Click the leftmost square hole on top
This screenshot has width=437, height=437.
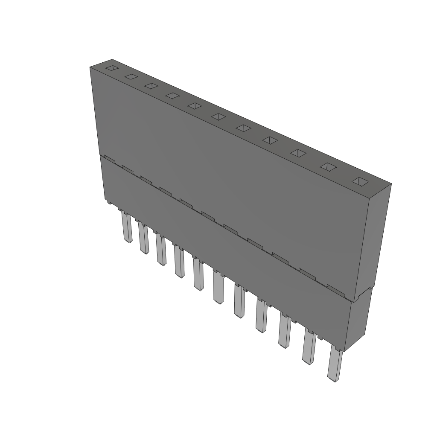[x=112, y=68]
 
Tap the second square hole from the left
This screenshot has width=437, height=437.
[x=131, y=77]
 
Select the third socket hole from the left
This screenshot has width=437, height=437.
[x=151, y=86]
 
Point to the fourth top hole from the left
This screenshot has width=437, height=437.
[x=172, y=96]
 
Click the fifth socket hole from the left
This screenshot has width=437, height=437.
[x=195, y=105]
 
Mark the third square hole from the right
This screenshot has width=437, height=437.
[x=299, y=153]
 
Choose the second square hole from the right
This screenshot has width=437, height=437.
[x=329, y=167]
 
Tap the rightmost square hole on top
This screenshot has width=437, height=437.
[x=360, y=181]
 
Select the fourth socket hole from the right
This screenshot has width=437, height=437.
[x=271, y=140]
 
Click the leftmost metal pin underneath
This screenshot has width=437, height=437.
[x=127, y=227]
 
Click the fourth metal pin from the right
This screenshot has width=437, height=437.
[x=261, y=316]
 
